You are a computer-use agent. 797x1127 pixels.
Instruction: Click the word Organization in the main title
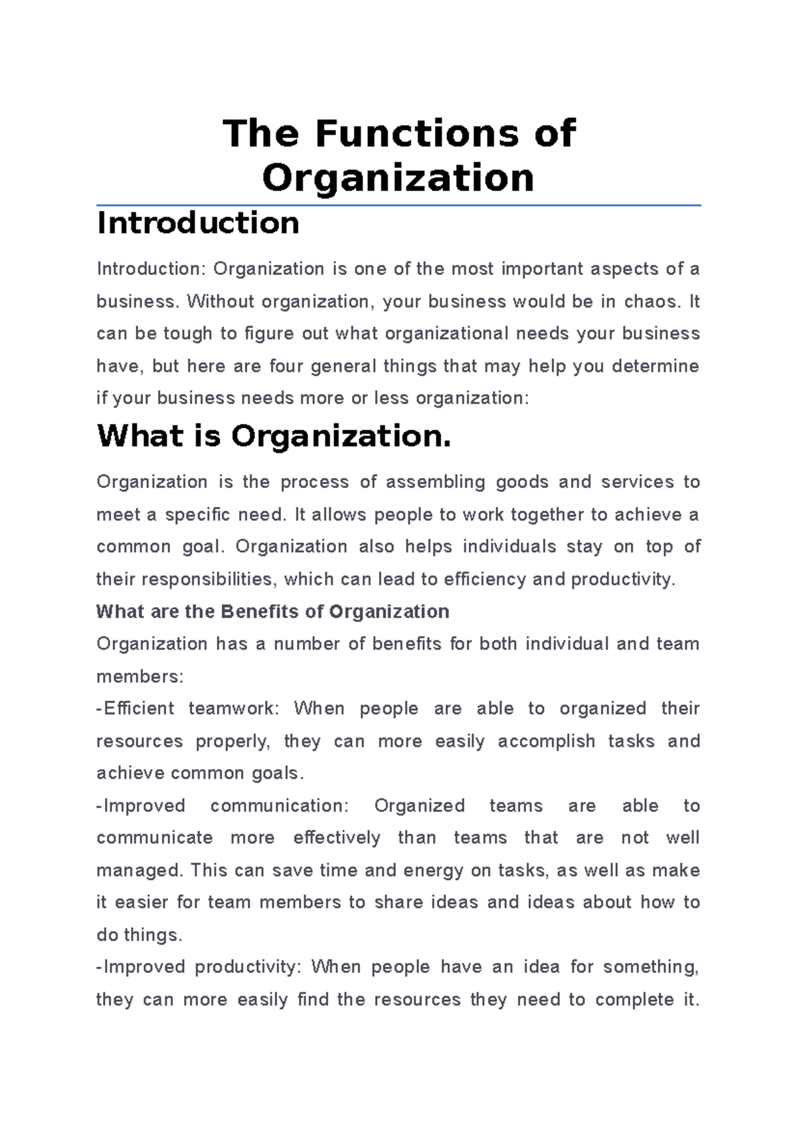(398, 178)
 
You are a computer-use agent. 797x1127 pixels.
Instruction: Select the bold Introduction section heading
(198, 223)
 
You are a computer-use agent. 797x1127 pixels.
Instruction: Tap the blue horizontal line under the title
(398, 206)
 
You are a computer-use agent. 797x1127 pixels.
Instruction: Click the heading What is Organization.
(274, 437)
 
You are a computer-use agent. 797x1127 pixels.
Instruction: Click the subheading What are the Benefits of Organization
(272, 611)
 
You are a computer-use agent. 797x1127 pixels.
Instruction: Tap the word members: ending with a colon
(139, 676)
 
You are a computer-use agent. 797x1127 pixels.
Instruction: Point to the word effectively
(337, 838)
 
